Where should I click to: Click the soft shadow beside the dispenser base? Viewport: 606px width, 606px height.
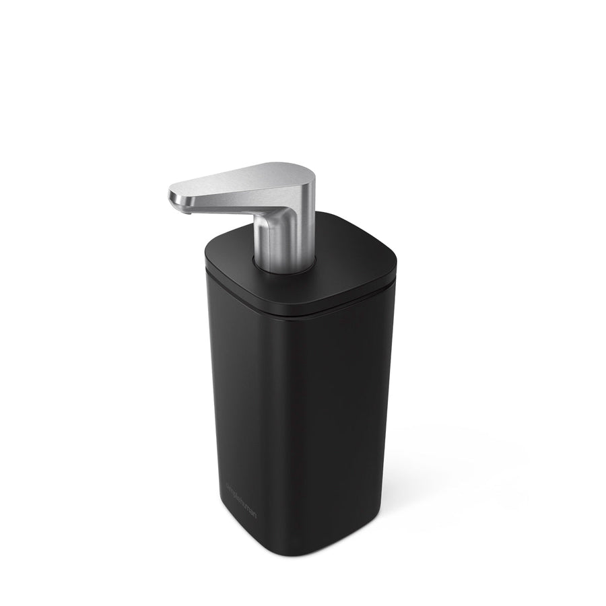pyautogui.click(x=431, y=498)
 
